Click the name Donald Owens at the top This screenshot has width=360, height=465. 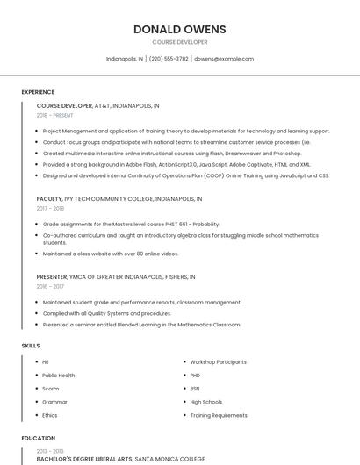(x=179, y=29)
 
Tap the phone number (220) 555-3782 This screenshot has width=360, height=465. (x=169, y=59)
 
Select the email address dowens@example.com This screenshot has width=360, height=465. (x=223, y=59)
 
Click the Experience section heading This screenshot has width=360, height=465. (x=38, y=92)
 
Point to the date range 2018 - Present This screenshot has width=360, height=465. (x=54, y=115)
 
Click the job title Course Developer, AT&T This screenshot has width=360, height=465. (x=97, y=105)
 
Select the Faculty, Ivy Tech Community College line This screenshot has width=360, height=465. (x=119, y=199)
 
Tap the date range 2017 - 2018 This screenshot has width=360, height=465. (x=50, y=209)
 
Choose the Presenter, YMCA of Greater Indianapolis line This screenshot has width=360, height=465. (x=115, y=276)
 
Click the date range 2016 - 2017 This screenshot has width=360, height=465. (x=50, y=286)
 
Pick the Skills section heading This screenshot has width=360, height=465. (x=31, y=346)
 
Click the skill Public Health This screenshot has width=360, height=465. (x=59, y=375)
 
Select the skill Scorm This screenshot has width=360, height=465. (x=50, y=388)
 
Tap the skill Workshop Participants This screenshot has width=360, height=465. (x=218, y=361)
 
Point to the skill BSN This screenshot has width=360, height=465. (x=195, y=388)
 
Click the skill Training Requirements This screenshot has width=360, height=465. (x=218, y=415)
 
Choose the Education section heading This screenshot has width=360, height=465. (x=38, y=438)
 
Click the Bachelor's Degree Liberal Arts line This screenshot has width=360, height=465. (x=120, y=458)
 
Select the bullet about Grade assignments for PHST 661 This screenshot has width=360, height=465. (x=131, y=224)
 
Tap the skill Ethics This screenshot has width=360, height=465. (x=50, y=415)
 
